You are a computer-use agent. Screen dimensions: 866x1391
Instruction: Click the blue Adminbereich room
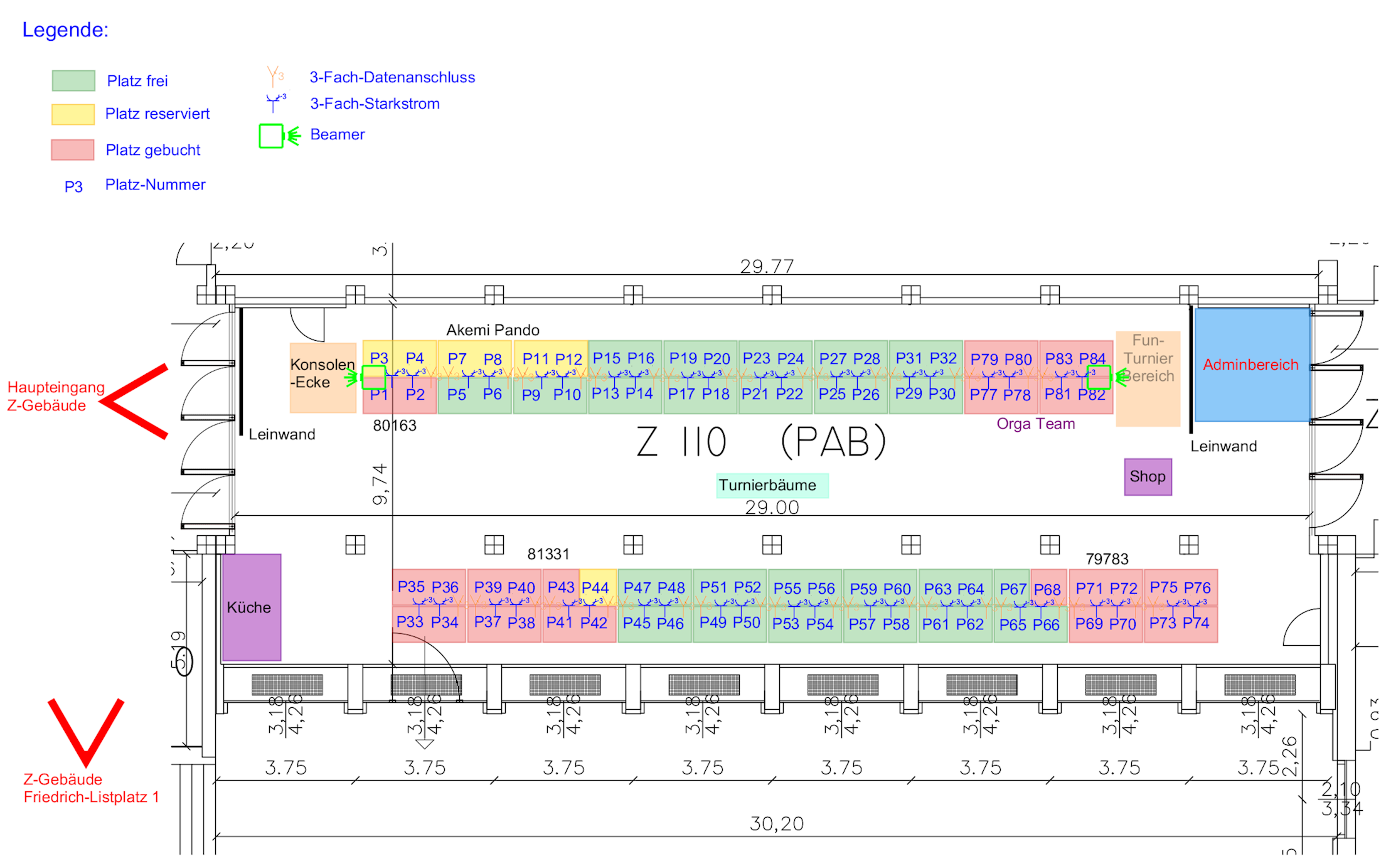(x=1252, y=365)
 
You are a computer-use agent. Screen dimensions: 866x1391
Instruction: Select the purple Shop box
(x=1148, y=477)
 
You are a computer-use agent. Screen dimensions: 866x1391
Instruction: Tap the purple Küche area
(x=251, y=607)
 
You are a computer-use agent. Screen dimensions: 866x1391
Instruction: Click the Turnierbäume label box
(x=771, y=485)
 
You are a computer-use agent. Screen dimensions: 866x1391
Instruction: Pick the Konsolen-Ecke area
(x=322, y=377)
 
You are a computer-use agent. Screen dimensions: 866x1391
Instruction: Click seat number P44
(x=595, y=588)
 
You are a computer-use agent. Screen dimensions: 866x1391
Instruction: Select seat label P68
(x=1047, y=590)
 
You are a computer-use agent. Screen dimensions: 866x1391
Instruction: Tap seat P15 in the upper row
(x=606, y=358)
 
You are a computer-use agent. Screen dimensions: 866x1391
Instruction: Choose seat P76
(x=1198, y=588)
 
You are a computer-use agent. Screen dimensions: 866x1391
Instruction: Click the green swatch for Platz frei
(x=73, y=80)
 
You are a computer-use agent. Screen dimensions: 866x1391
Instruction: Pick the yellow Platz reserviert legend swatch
(x=73, y=114)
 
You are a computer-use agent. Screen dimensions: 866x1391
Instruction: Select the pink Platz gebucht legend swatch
(x=73, y=150)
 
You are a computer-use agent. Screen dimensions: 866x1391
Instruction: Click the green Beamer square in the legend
(x=271, y=136)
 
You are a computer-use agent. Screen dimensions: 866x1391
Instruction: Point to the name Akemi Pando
(x=493, y=330)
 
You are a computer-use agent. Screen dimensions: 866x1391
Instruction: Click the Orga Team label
(x=1035, y=424)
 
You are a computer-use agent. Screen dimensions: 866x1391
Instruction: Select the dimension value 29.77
(x=767, y=267)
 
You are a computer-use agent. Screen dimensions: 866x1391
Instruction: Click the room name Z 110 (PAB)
(x=760, y=441)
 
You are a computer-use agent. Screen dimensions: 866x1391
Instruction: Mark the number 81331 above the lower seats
(x=548, y=554)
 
